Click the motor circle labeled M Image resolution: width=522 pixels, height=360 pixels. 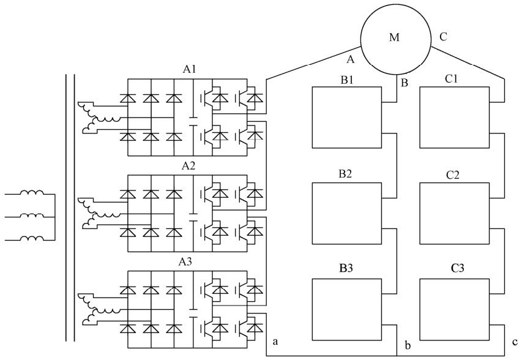tap(395, 37)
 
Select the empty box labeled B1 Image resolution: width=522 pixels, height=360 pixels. tap(346, 117)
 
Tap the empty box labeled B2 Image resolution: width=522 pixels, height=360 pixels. tap(346, 213)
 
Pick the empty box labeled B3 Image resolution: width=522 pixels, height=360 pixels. tap(346, 309)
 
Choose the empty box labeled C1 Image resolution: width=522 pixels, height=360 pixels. tap(454, 117)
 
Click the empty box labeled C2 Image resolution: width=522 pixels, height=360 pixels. tap(454, 213)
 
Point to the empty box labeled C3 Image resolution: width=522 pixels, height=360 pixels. tap(454, 309)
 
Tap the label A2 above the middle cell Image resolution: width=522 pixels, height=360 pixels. tap(188, 166)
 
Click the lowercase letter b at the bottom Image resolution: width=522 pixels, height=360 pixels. tap(407, 345)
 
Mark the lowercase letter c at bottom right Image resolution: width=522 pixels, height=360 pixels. tap(515, 340)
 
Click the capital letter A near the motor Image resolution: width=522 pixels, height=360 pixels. tap(350, 59)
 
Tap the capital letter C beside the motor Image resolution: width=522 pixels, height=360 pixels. tap(443, 37)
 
